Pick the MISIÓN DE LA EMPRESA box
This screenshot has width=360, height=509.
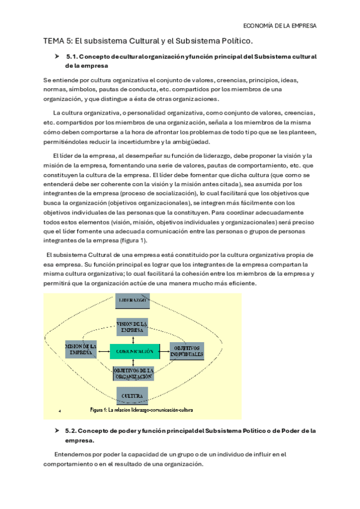(80, 351)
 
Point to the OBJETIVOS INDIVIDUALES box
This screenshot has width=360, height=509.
(187, 351)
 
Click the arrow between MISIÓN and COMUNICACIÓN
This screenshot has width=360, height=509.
(103, 351)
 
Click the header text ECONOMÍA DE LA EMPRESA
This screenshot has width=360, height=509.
(281, 26)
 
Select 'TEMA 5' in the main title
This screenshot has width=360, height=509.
(57, 41)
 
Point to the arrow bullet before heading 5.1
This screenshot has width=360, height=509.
(56, 56)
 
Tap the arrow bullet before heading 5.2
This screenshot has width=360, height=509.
(56, 431)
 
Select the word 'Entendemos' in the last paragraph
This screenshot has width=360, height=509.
(71, 454)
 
